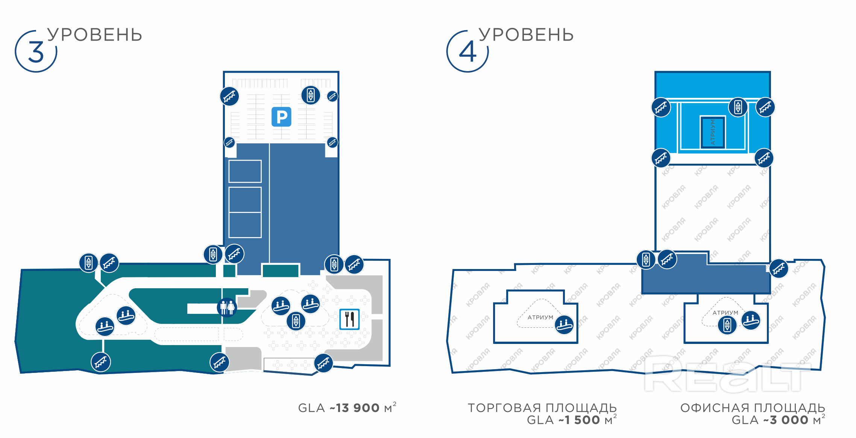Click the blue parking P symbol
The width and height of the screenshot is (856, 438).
click(281, 117)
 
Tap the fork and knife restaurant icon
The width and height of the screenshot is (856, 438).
click(349, 319)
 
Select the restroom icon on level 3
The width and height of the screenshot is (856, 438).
click(227, 307)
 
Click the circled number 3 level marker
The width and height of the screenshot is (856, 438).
click(36, 52)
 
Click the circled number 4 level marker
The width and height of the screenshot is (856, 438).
click(467, 52)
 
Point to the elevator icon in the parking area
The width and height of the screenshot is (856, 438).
click(311, 95)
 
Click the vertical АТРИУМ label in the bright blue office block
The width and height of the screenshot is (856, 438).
click(712, 132)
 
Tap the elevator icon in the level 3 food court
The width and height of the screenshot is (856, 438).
click(296, 321)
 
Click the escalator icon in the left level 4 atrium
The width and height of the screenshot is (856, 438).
click(565, 324)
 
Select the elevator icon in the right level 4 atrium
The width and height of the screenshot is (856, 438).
click(727, 325)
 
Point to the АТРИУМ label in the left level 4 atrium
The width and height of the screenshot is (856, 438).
click(540, 318)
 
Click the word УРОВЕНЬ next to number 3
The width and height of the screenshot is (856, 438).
click(95, 35)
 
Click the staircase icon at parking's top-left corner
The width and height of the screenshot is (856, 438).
click(229, 96)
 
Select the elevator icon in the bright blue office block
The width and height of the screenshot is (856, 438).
click(738, 107)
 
